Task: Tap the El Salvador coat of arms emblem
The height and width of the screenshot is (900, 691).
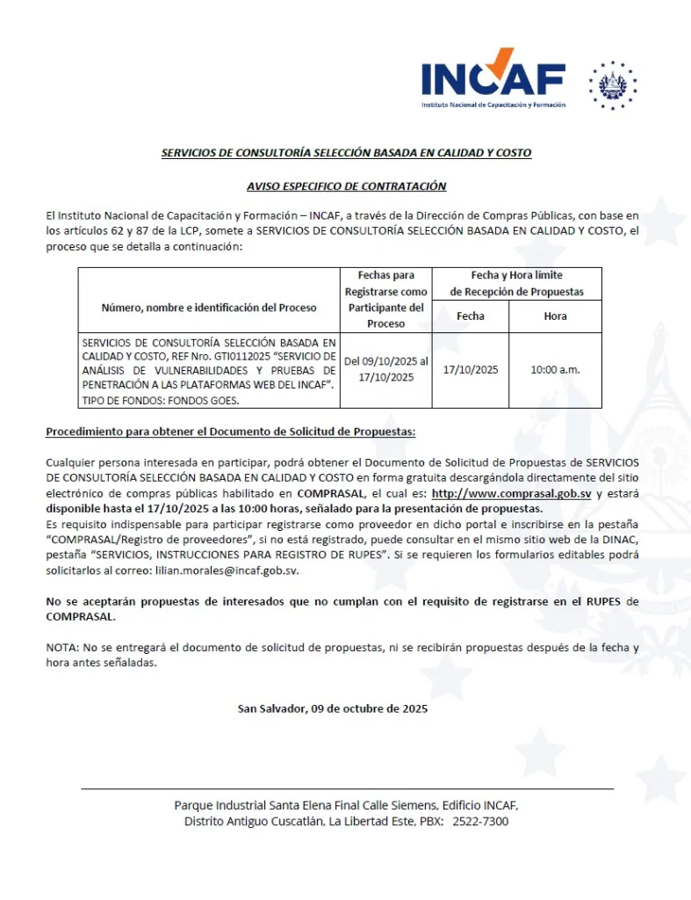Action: click(613, 85)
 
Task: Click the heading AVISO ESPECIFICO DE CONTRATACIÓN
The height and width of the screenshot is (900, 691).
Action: click(346, 186)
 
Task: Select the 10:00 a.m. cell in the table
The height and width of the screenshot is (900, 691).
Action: click(555, 370)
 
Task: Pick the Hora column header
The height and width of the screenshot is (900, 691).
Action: click(555, 316)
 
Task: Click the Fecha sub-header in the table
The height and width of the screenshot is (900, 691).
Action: click(470, 316)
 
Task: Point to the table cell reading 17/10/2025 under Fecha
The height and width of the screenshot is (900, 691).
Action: click(470, 370)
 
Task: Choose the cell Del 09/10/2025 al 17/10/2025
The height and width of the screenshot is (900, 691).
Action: click(385, 370)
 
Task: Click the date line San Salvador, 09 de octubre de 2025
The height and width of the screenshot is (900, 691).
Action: click(333, 708)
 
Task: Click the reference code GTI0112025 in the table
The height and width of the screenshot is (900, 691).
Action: click(235, 356)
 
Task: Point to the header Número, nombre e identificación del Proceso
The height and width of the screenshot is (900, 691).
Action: click(209, 308)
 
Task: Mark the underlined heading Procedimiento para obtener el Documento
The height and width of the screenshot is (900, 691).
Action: click(231, 432)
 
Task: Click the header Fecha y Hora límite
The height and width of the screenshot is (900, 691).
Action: click(516, 276)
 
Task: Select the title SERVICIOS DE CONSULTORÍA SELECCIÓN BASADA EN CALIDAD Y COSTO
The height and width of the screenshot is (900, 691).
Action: click(346, 153)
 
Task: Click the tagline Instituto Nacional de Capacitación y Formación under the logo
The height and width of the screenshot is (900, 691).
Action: click(493, 105)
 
